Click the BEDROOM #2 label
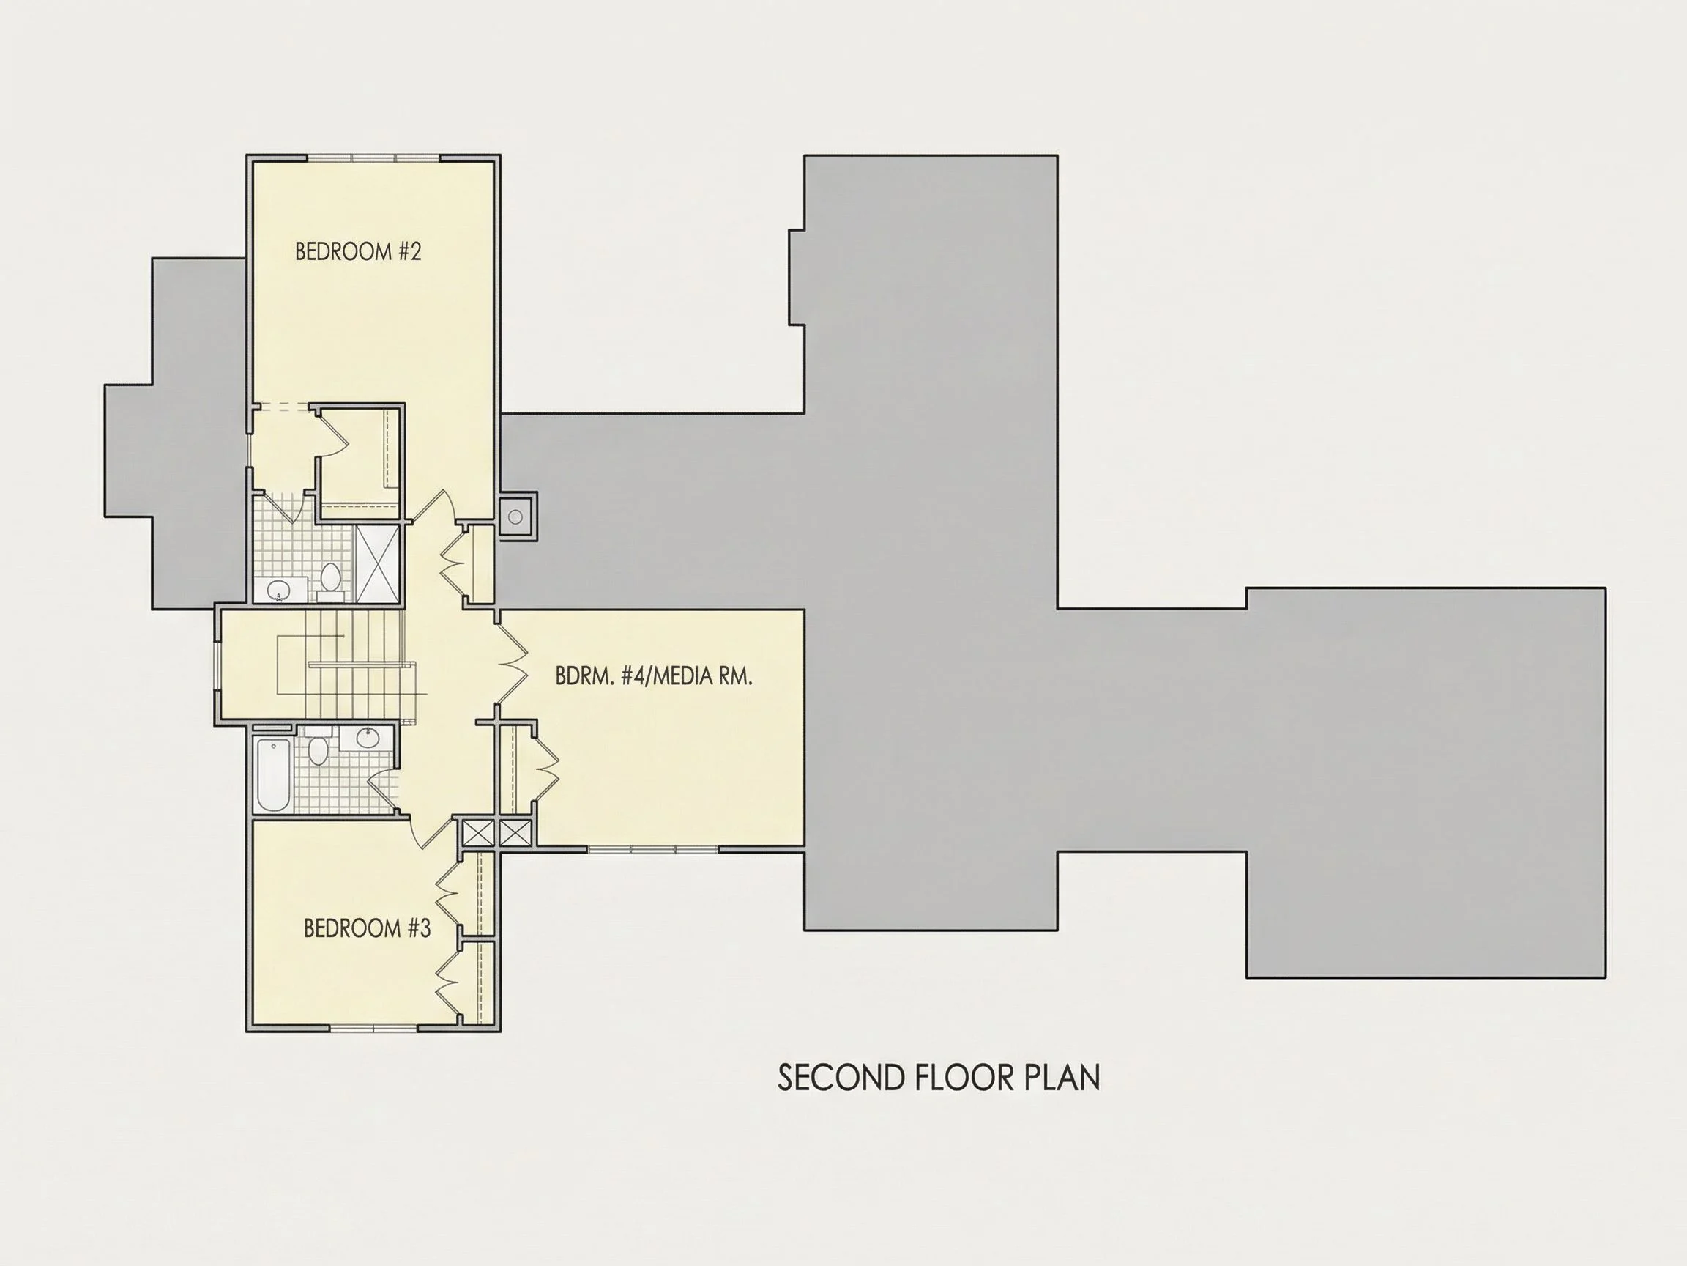[x=358, y=251]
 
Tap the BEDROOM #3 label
[x=367, y=928]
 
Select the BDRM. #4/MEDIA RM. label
[x=654, y=676]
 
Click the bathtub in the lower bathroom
[x=273, y=774]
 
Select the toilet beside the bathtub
[x=318, y=749]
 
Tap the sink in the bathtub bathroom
[x=367, y=738]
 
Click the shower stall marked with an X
[x=379, y=565]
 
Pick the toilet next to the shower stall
[x=330, y=577]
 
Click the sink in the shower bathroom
[x=279, y=590]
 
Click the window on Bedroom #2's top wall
[x=373, y=159]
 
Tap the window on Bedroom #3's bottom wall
[x=373, y=1027]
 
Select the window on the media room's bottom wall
[x=653, y=848]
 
